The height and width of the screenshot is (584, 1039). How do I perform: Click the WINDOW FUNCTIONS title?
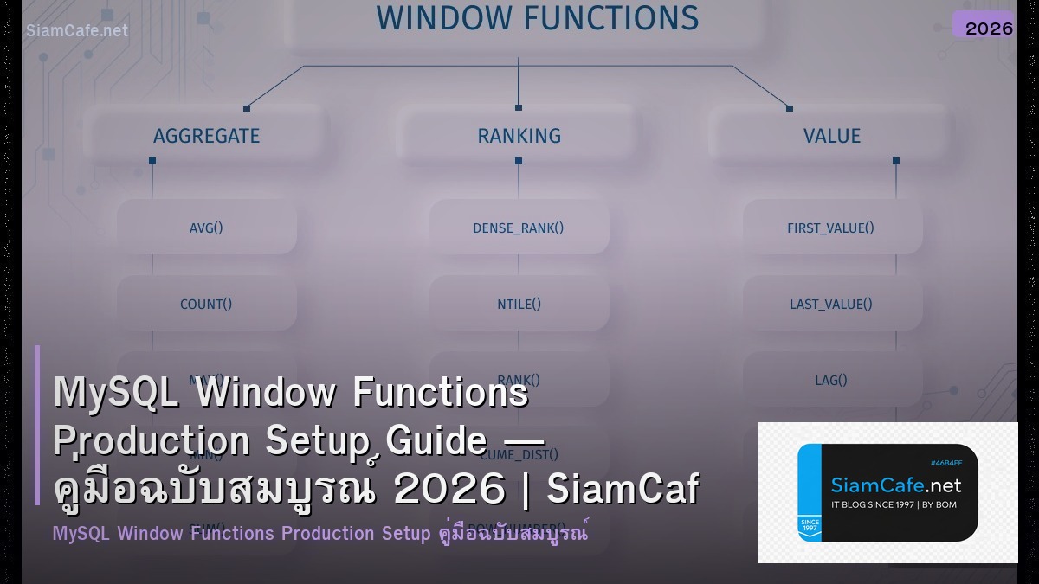tap(537, 19)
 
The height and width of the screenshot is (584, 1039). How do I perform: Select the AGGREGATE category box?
tap(206, 136)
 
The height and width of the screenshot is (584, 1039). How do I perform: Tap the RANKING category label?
tap(519, 136)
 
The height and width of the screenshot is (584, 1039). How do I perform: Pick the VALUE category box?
tap(831, 136)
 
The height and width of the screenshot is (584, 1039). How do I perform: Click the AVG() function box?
tap(206, 228)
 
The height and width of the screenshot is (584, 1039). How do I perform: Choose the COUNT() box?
tap(206, 304)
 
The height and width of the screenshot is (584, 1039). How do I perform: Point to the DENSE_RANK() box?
tap(519, 228)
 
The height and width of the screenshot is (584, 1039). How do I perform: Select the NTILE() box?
tap(519, 304)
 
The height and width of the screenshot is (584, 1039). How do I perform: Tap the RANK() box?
tap(519, 379)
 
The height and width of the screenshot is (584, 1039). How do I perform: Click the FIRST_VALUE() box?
tap(831, 228)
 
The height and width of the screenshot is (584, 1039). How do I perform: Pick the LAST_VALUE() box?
tap(831, 304)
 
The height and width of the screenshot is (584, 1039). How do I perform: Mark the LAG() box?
tap(831, 379)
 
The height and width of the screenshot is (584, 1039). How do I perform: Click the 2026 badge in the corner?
tap(988, 28)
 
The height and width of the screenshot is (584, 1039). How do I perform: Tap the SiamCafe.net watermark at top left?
tap(76, 30)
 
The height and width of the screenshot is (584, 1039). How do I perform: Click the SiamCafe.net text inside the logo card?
tap(895, 485)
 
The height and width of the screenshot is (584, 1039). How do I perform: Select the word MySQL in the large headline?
tap(117, 393)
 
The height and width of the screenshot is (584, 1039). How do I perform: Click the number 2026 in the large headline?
tap(449, 491)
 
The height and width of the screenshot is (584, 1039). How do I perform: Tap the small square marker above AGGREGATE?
tap(247, 108)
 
